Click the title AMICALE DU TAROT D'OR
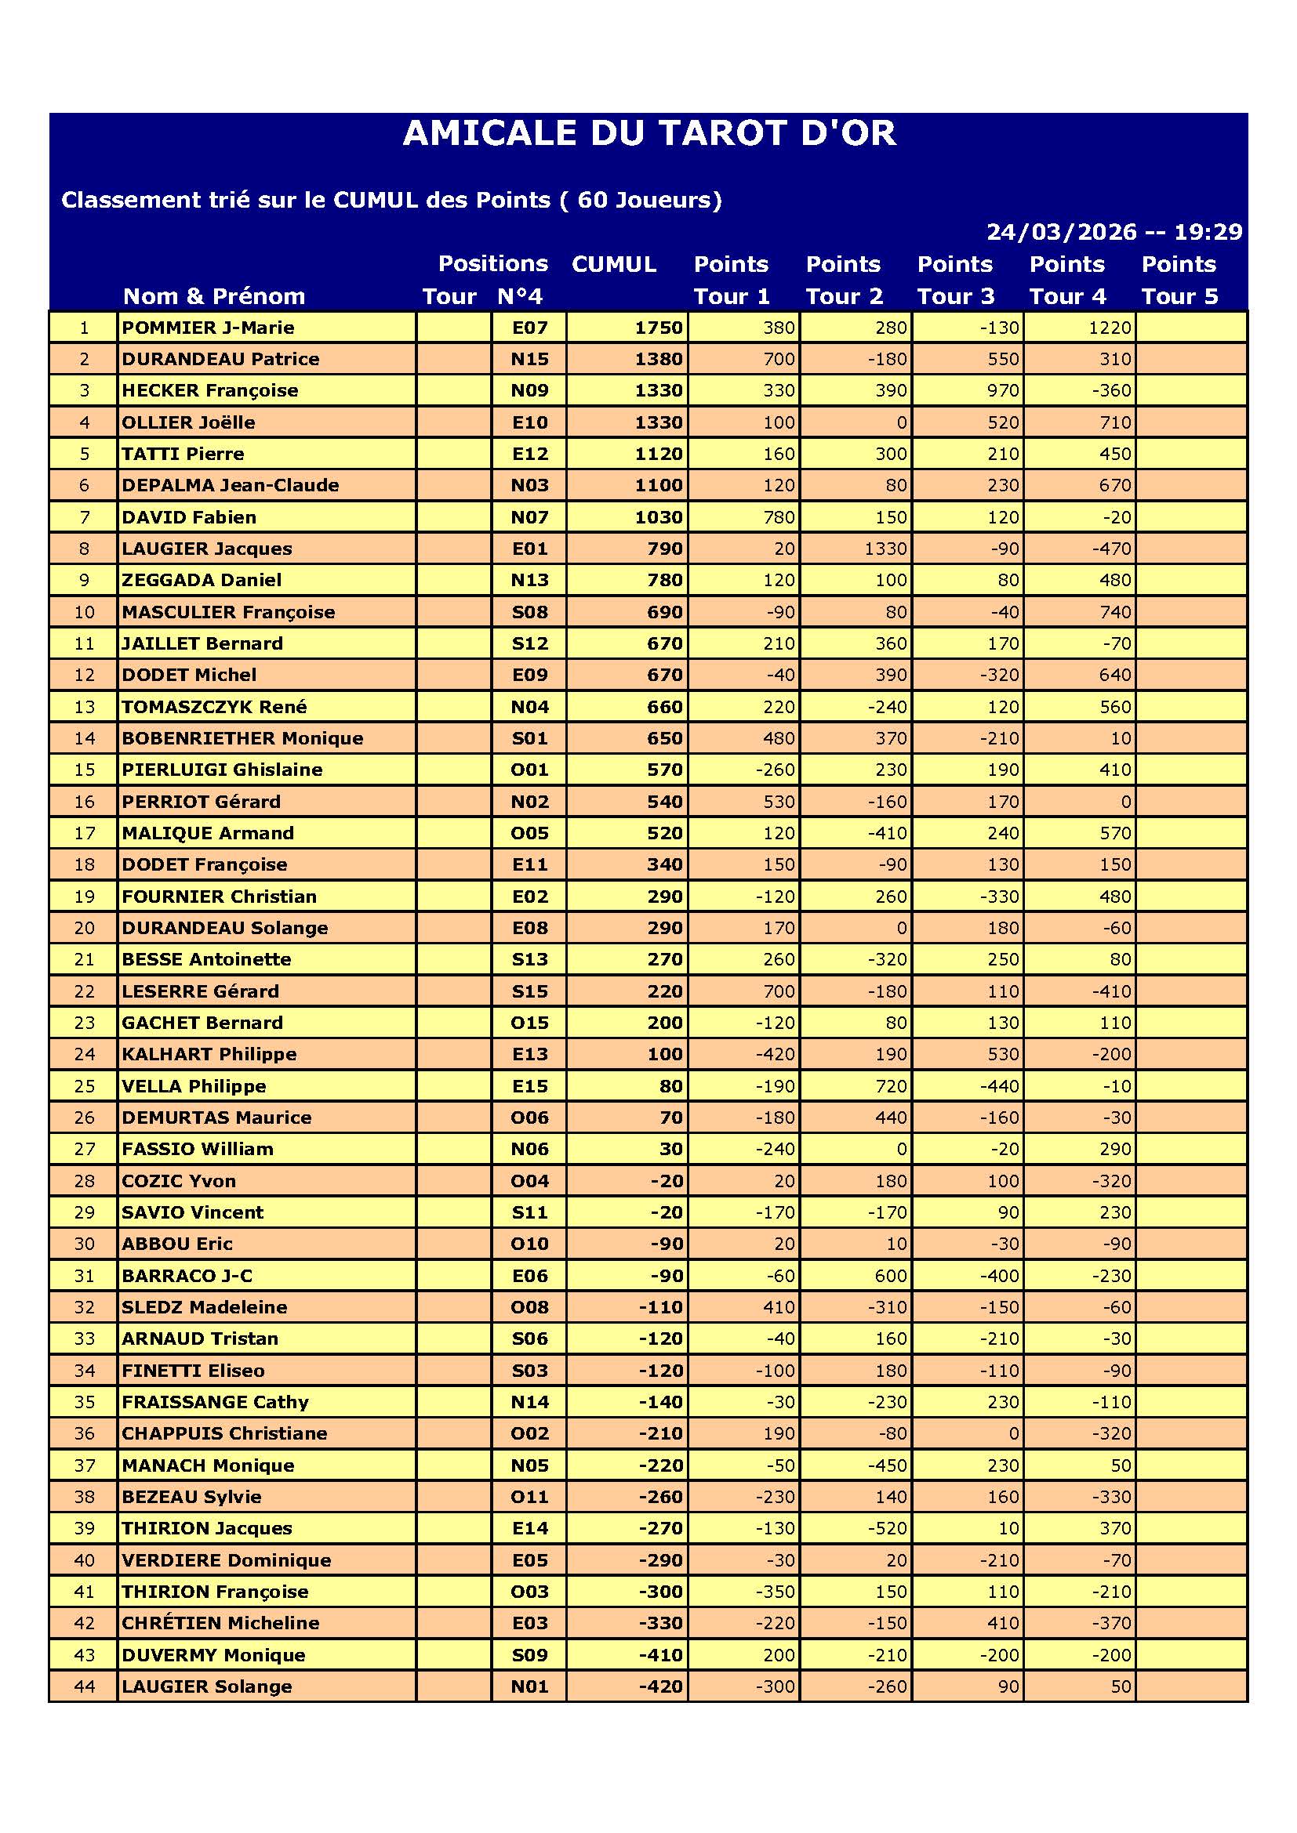[x=648, y=133]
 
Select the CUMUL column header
[x=613, y=264]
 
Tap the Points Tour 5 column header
[x=1179, y=280]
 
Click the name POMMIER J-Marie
[x=208, y=328]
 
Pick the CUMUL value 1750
[x=658, y=328]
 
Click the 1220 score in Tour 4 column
[x=1110, y=328]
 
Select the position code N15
[x=529, y=359]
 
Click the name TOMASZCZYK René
[x=214, y=707]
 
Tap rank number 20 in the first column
[x=84, y=928]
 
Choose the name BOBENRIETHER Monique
[x=242, y=738]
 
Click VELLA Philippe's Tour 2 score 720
[x=891, y=1085]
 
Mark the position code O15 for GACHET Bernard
[x=529, y=1023]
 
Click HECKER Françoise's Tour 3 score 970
[x=1002, y=390]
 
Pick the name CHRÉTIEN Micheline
[x=220, y=1623]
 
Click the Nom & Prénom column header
[x=214, y=296]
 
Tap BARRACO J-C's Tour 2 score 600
[x=891, y=1276]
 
